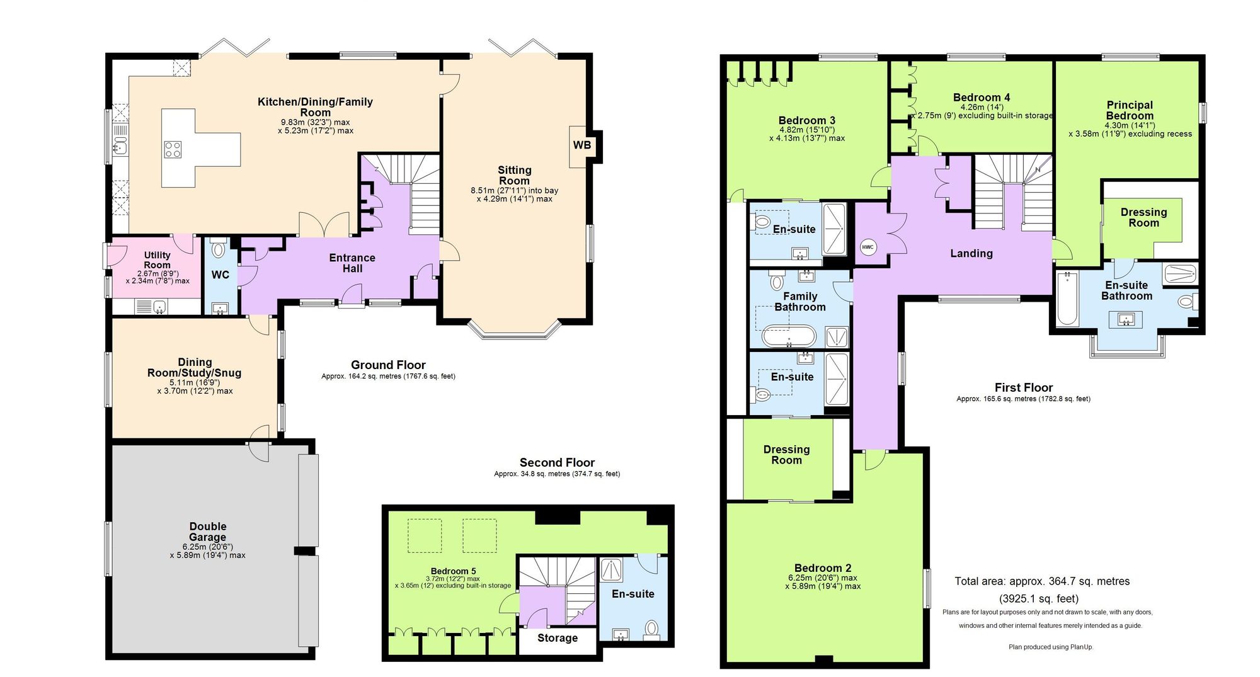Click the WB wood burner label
click(581, 145)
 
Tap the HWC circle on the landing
click(868, 247)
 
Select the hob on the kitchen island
click(173, 149)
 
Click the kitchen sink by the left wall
click(120, 148)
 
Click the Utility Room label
click(157, 260)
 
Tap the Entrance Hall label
click(352, 263)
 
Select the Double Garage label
click(208, 532)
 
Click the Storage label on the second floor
click(558, 638)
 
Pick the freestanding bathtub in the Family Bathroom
click(789, 336)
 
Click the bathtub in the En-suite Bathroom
click(1067, 298)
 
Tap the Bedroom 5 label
click(454, 571)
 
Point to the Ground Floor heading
click(388, 365)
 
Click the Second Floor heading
click(557, 463)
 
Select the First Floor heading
click(1024, 387)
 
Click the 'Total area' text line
click(1042, 581)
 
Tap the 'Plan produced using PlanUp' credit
click(1051, 647)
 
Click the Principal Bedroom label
click(1130, 110)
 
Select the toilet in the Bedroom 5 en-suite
click(651, 629)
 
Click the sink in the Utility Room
click(160, 307)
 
